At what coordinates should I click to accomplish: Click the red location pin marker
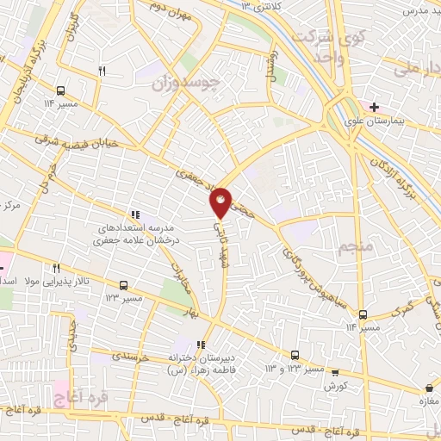(221, 201)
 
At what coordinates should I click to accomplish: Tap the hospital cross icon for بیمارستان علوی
(374, 107)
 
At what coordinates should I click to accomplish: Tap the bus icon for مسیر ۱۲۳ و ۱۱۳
(295, 354)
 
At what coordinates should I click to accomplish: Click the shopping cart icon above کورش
(336, 375)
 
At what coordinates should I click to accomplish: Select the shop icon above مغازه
(428, 388)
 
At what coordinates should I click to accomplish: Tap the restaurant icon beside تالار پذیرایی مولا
(56, 268)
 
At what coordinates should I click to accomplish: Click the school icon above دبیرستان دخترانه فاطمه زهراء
(201, 345)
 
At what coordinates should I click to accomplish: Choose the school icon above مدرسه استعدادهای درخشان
(134, 214)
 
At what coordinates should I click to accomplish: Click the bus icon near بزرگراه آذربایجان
(61, 89)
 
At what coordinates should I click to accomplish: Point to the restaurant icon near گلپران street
(102, 71)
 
